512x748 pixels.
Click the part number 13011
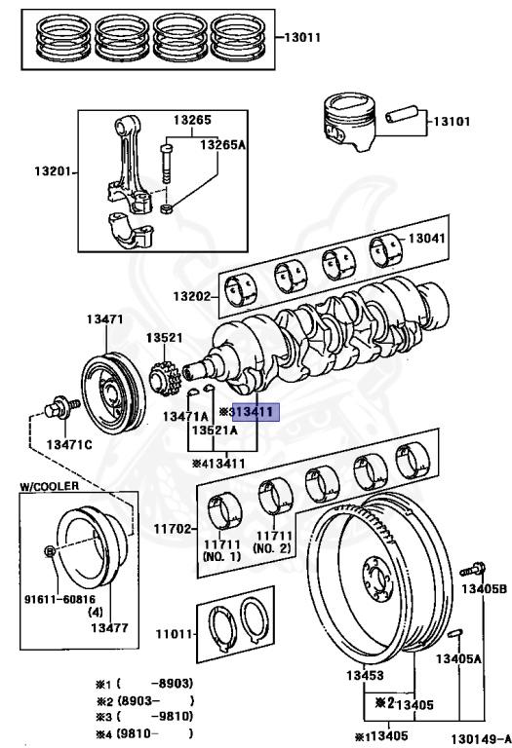point(304,38)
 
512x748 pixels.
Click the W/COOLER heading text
point(48,485)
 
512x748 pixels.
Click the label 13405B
point(485,589)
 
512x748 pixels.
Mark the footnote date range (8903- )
point(156,700)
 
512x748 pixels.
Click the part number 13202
point(193,294)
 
